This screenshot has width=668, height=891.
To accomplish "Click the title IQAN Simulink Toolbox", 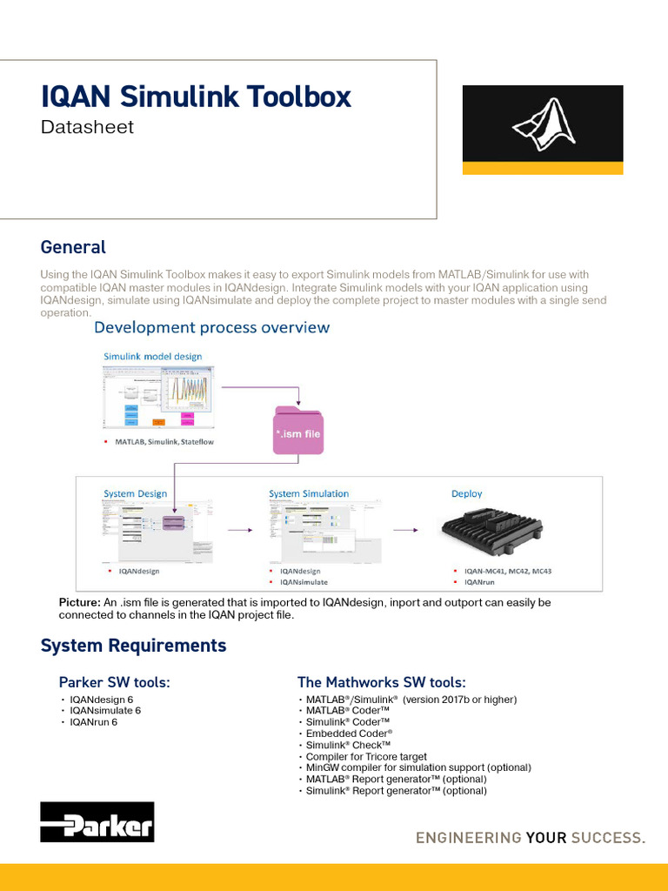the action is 197,96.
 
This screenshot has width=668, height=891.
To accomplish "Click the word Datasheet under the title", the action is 88,127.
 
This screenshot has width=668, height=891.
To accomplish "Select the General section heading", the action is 73,247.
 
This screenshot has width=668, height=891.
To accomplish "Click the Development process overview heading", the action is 211,327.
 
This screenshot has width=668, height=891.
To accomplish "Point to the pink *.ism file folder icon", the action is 298,429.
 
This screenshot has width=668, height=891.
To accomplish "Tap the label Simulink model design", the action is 153,356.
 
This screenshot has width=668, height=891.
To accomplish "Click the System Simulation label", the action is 309,493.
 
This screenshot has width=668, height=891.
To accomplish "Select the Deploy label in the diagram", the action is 466,493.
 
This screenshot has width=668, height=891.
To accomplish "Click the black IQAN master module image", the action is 491,529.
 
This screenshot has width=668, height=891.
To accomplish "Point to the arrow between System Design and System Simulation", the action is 239,528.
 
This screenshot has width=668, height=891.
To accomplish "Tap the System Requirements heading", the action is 133,646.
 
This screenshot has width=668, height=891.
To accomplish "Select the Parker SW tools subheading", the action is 114,682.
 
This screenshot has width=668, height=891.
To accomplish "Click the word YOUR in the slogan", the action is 546,838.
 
